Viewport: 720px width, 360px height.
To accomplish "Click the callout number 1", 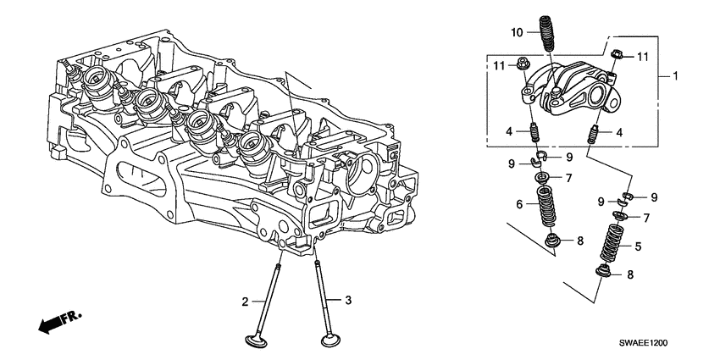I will (x=676, y=76).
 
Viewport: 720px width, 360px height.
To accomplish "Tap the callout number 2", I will (x=246, y=301).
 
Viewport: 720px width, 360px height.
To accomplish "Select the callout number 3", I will (x=346, y=300).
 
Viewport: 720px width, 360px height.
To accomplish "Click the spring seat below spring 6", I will (x=552, y=242).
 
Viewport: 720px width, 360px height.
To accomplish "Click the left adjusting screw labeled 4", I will (x=535, y=134).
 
